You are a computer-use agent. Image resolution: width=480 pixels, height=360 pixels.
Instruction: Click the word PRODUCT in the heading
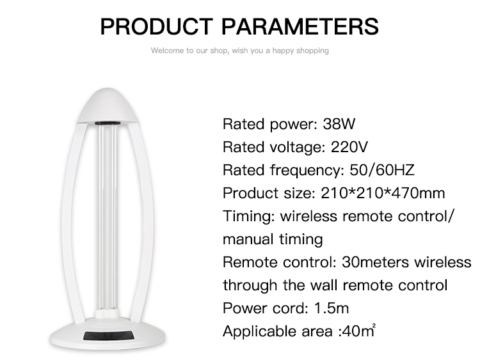click(156, 26)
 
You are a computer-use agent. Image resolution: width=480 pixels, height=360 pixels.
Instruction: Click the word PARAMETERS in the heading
click(300, 26)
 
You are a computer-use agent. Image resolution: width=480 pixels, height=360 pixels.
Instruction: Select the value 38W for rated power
click(339, 124)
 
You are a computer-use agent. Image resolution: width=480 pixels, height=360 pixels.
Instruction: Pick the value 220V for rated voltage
click(349, 147)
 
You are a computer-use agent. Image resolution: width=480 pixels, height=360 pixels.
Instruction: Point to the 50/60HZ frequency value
click(382, 169)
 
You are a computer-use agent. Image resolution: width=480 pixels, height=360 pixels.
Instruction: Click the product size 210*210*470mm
click(383, 193)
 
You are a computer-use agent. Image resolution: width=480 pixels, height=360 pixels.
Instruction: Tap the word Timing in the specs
click(249, 217)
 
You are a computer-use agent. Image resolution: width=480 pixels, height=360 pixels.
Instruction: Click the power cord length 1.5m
click(332, 308)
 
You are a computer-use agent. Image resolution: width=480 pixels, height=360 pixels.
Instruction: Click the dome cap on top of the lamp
click(107, 106)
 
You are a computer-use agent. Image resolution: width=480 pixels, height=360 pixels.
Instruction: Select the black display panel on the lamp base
click(109, 336)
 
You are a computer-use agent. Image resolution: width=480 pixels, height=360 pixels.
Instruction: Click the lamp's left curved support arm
click(69, 220)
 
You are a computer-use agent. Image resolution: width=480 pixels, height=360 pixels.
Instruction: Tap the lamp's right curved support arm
click(145, 220)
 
